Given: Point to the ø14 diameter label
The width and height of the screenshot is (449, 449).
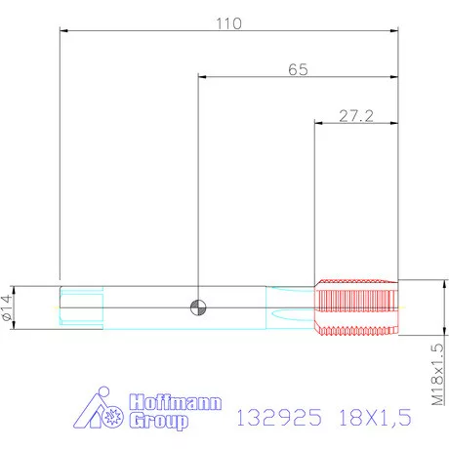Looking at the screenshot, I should pos(9,308).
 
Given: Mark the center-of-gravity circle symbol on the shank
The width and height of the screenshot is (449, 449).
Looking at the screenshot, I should pos(198,307).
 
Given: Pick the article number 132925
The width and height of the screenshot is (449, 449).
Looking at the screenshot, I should pos(280,418).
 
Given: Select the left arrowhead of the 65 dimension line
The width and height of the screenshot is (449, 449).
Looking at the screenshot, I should pos(201,77).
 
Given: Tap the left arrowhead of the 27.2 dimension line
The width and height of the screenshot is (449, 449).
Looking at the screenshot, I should pos(316,123).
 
